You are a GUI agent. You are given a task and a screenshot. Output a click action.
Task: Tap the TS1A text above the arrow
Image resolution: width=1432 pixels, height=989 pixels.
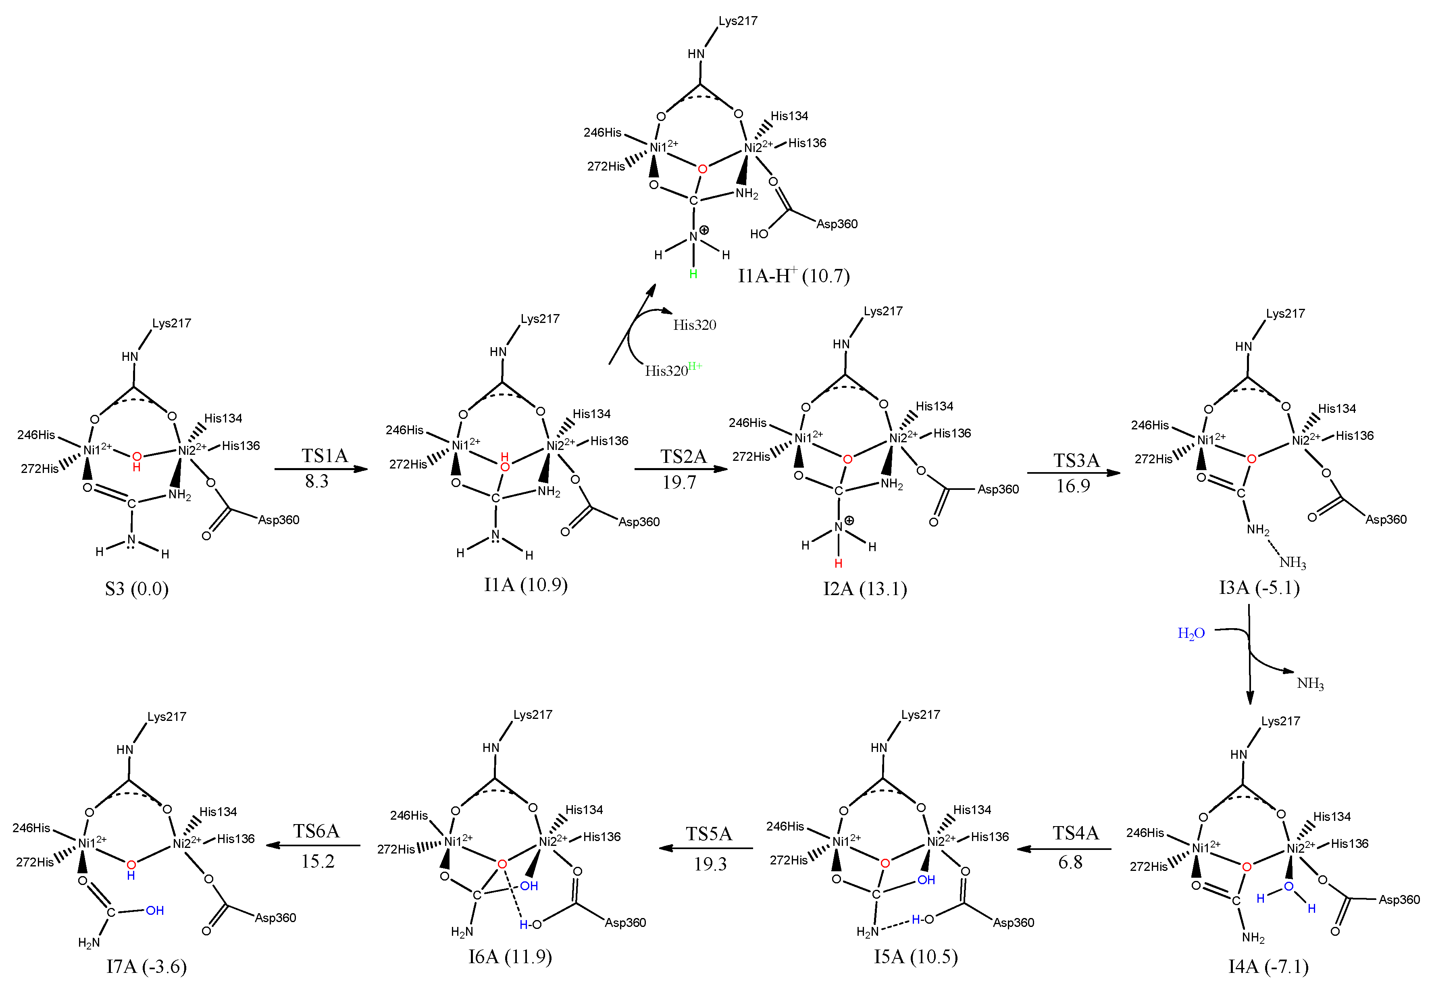[x=324, y=456]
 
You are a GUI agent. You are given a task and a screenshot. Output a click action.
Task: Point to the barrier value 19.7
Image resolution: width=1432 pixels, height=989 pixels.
[x=679, y=482]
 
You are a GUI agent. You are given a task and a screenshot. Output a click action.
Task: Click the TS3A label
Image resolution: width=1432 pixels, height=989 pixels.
[x=1076, y=460]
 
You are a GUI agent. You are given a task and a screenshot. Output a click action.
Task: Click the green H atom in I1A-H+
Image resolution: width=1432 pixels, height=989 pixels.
[x=693, y=274]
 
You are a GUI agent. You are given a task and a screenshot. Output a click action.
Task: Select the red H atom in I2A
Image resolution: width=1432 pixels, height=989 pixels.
[x=839, y=563]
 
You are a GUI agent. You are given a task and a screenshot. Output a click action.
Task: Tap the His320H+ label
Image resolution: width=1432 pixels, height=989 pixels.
[x=673, y=370]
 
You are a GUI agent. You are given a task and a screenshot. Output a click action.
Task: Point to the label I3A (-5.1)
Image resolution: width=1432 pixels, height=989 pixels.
[x=1259, y=587]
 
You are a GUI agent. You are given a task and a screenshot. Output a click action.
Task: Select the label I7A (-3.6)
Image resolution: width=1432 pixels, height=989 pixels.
[x=146, y=966]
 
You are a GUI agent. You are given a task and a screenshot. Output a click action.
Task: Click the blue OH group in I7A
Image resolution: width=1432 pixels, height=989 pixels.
[x=155, y=910]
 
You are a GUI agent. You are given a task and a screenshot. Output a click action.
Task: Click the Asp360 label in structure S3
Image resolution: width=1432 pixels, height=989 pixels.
[x=279, y=520]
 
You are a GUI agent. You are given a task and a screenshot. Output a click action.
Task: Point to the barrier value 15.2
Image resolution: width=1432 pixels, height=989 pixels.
[x=318, y=861]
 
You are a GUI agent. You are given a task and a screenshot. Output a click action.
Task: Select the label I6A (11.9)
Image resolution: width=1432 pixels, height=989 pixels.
[x=510, y=957]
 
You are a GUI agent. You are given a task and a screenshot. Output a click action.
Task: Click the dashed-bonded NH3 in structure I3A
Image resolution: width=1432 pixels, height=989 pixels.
[x=1293, y=563]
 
